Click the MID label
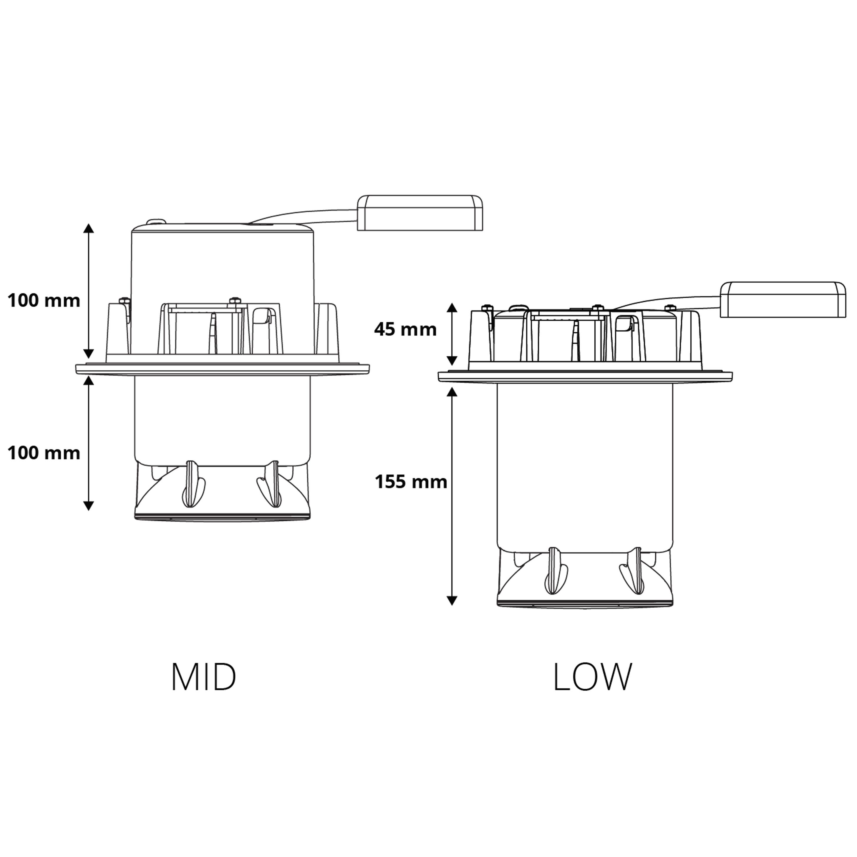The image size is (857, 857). [204, 677]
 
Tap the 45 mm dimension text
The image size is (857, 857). [405, 329]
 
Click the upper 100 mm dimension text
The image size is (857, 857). [44, 301]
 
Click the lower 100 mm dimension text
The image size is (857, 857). [44, 453]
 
